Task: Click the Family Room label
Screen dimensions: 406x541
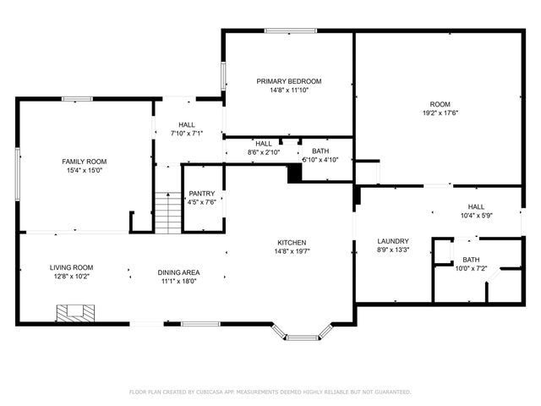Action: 84,161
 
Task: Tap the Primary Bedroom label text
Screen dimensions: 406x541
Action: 289,81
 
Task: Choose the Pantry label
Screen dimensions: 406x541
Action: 202,193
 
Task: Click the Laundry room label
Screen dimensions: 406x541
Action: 393,240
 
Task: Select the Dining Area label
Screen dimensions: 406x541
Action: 178,272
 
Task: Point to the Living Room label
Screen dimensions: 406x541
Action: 71,267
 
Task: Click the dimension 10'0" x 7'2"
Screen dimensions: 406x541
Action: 471,269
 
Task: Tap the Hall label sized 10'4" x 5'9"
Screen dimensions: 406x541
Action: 477,206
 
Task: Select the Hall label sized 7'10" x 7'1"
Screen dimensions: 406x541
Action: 187,124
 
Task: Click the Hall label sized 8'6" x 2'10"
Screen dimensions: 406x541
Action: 264,144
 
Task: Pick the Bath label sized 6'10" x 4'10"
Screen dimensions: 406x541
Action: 320,151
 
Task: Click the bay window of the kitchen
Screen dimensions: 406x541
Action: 300,335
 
